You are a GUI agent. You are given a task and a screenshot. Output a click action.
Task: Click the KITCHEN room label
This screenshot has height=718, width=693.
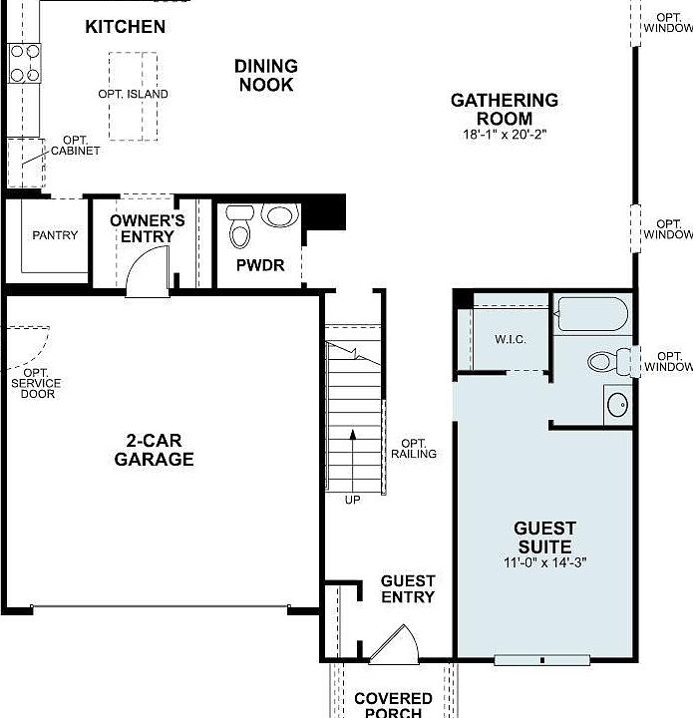click(x=125, y=27)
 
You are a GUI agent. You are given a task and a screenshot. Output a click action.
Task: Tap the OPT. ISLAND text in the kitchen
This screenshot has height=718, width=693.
click(x=133, y=94)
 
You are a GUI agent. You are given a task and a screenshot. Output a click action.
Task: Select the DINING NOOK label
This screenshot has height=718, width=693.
click(x=265, y=76)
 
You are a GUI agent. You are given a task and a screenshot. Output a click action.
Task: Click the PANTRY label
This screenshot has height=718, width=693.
click(x=55, y=235)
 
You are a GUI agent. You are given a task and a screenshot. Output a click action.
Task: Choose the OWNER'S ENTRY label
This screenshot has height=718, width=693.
click(x=148, y=228)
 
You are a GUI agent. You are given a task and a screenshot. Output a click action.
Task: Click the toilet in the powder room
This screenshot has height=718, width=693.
click(x=239, y=228)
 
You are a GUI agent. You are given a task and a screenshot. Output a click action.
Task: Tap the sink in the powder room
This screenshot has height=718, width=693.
click(x=280, y=215)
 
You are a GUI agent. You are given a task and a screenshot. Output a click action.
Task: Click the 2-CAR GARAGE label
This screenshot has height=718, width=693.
click(x=154, y=450)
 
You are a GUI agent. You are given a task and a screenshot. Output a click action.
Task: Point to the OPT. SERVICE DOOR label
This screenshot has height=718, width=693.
click(x=36, y=383)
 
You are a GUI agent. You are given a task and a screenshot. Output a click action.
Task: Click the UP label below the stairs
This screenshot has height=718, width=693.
click(x=353, y=500)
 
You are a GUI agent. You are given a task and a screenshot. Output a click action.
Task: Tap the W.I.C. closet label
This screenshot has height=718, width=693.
click(x=510, y=339)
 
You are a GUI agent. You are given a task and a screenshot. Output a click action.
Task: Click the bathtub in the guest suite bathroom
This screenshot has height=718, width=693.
click(x=592, y=314)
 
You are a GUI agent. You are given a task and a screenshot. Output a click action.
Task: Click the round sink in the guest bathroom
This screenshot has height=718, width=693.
click(x=617, y=405)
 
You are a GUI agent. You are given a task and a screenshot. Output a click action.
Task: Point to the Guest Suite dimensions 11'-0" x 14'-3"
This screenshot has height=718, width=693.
click(x=543, y=562)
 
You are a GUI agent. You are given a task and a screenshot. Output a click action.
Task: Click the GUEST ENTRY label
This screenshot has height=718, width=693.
click(x=408, y=589)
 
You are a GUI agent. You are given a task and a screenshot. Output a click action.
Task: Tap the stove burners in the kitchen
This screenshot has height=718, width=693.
click(x=25, y=62)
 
